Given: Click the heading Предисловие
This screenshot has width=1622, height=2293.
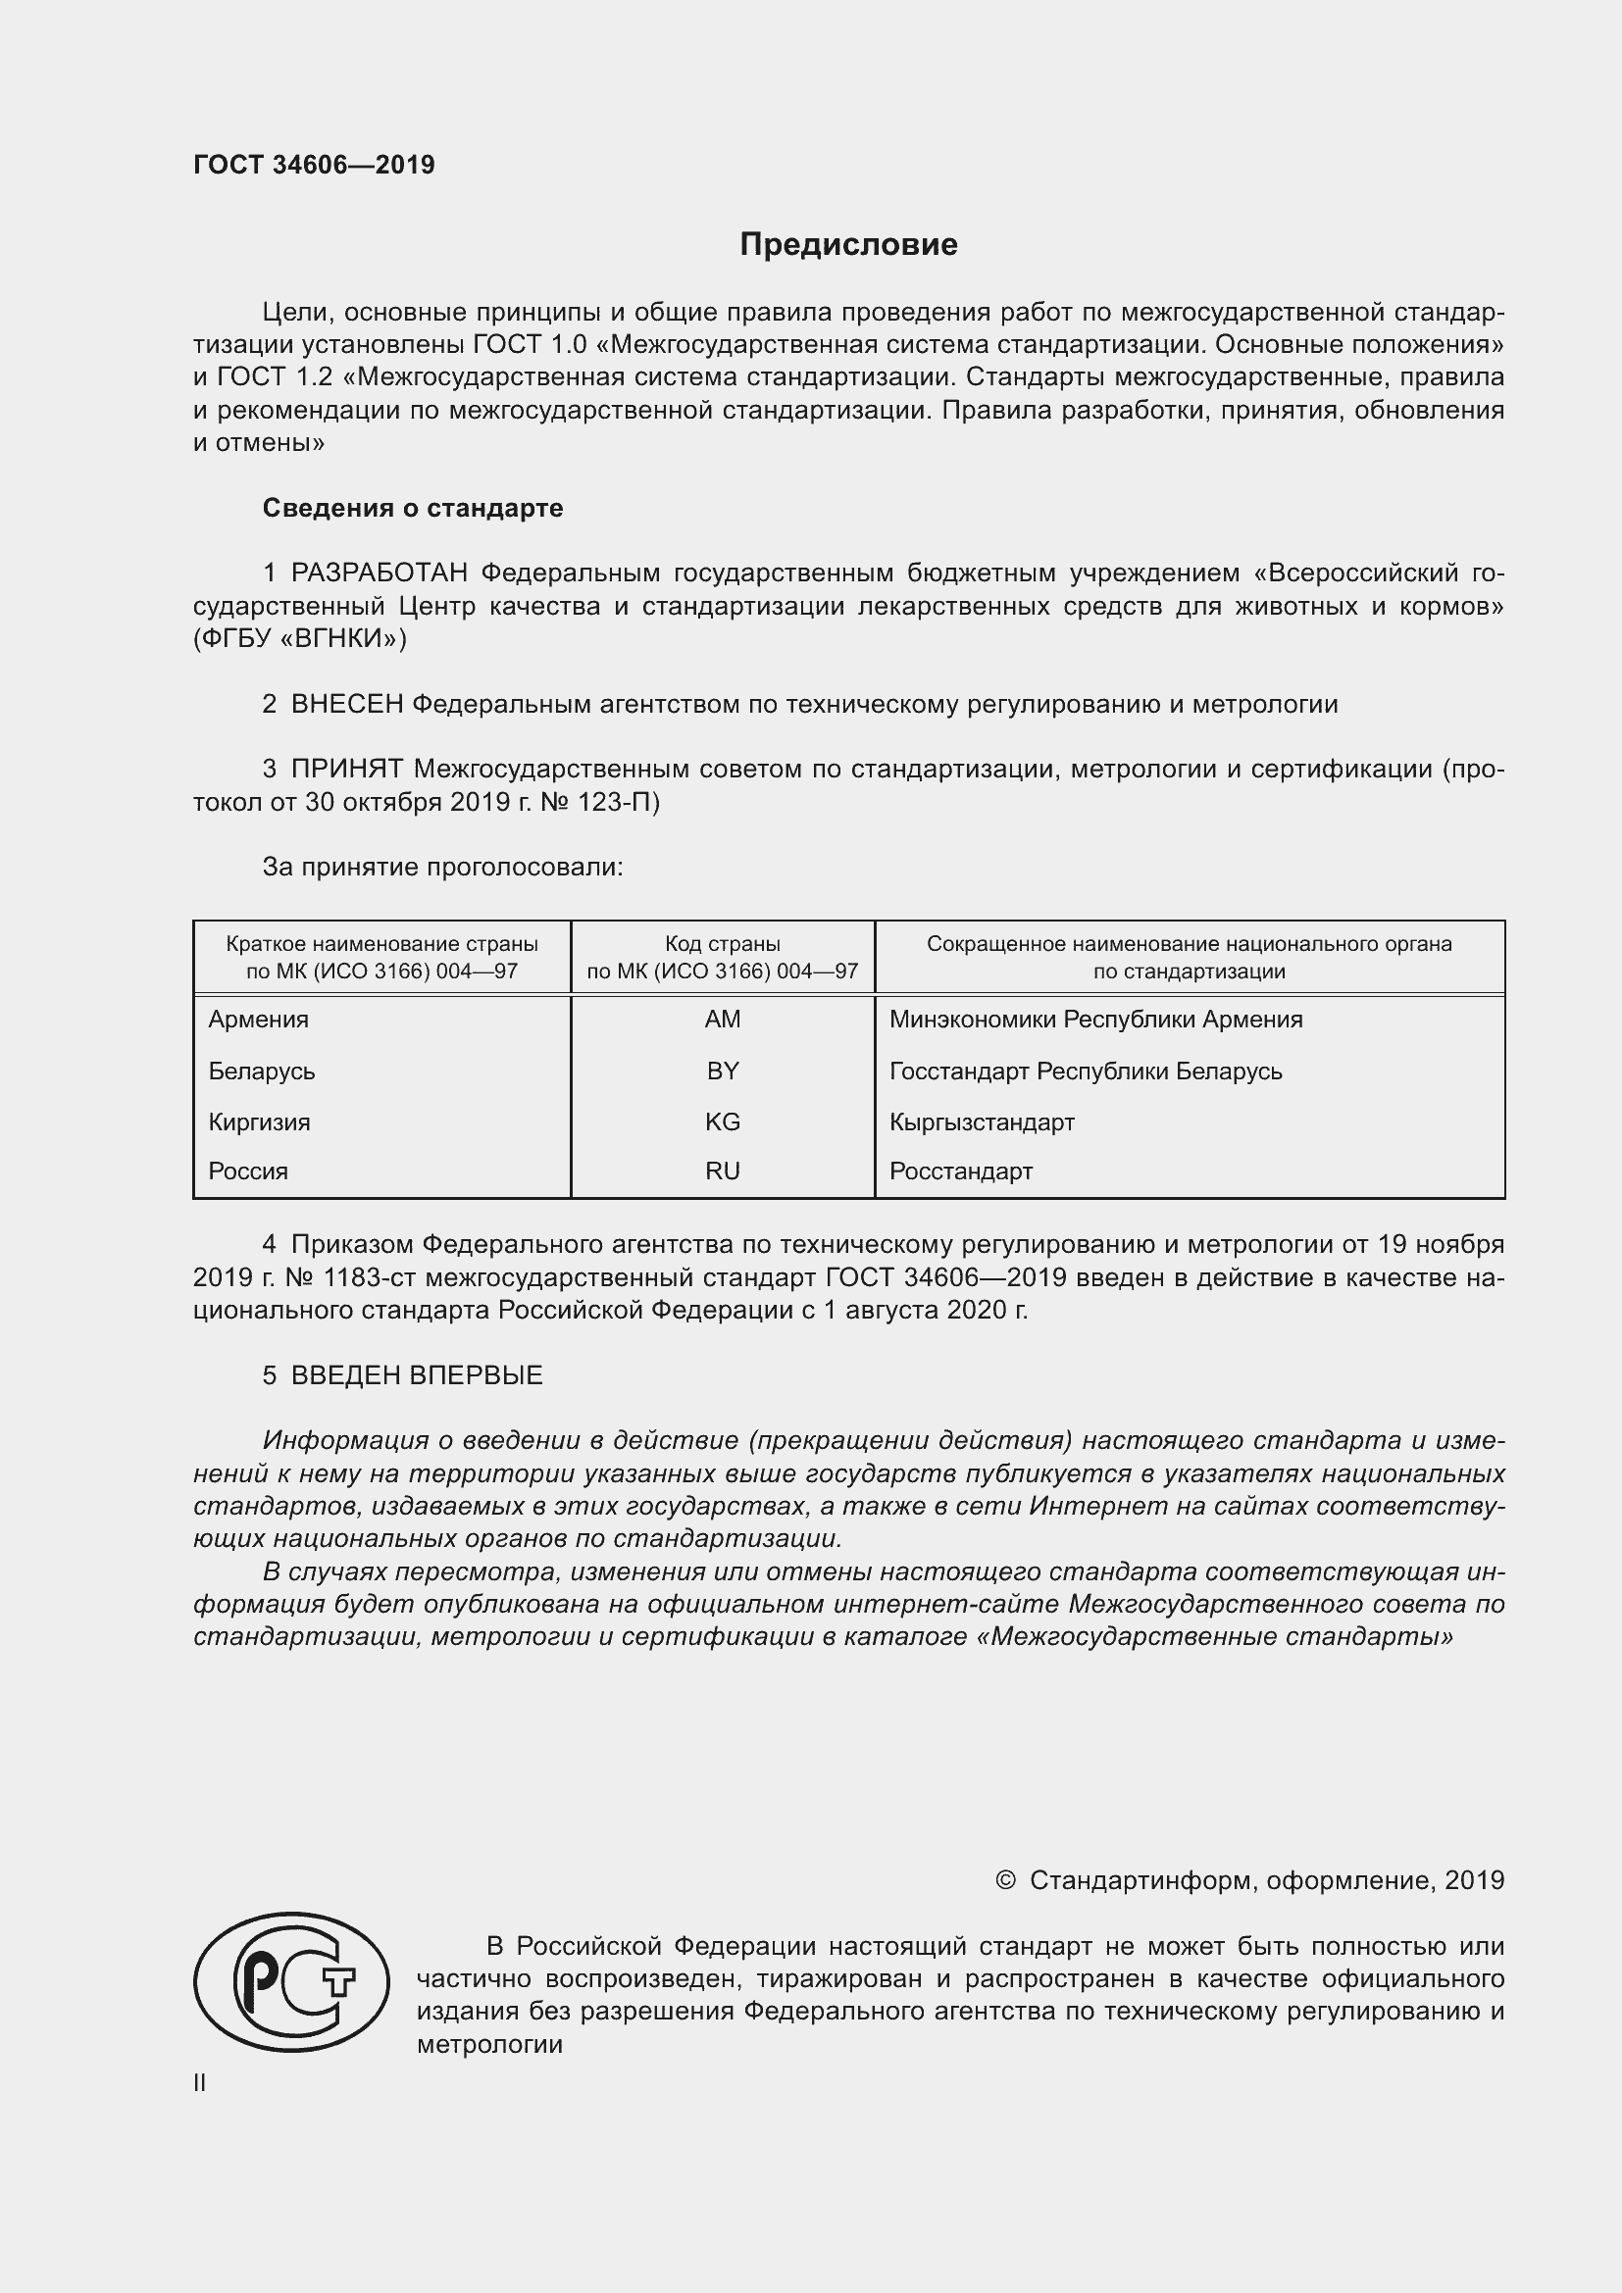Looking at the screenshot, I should [x=848, y=245].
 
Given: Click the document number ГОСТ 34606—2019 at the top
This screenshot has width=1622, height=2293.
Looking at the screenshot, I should [x=314, y=165].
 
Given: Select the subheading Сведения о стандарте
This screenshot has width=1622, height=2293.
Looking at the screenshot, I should [x=413, y=509].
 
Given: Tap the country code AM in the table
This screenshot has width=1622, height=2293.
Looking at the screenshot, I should [x=722, y=1020].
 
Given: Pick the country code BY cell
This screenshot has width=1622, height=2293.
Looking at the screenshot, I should [x=722, y=1072].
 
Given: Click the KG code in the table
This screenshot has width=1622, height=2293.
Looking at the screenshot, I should [x=722, y=1122].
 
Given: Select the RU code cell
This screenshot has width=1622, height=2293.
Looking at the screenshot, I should [x=722, y=1171].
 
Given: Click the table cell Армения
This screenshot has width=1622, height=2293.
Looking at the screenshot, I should [x=259, y=1020].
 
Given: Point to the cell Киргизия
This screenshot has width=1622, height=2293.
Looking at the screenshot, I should [x=260, y=1122].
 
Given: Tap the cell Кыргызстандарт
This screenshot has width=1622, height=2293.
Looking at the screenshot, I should [x=982, y=1122].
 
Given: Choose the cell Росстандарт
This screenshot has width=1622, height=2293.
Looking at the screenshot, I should [x=961, y=1171].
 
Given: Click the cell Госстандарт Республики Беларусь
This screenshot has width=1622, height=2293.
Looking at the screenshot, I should [x=1086, y=1072].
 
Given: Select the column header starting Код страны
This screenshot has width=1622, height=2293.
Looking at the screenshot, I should [x=722, y=957].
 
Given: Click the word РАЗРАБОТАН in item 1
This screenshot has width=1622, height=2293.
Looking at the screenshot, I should [x=380, y=573].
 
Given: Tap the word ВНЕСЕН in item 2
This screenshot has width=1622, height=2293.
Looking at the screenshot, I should [x=346, y=705].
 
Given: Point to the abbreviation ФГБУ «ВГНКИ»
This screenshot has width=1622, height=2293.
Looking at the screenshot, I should [x=300, y=639].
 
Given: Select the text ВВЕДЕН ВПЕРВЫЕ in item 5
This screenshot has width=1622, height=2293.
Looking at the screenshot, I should [x=417, y=1376].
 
